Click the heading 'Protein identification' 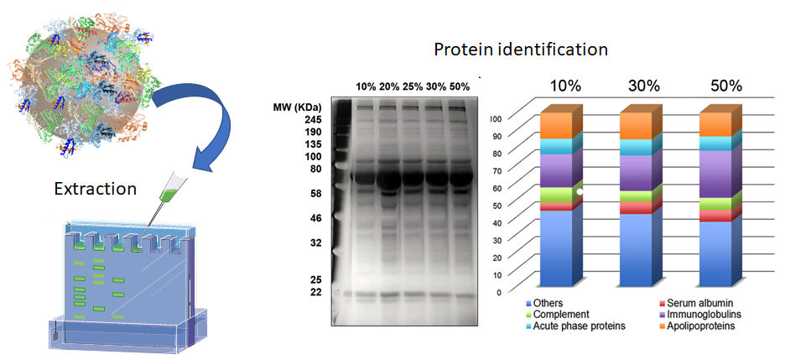tap(521, 50)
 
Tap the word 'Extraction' tap(96, 189)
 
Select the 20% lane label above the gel tap(389, 86)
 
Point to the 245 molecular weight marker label tap(312, 120)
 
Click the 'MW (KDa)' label tap(298, 107)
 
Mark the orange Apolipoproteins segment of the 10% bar tap(556, 126)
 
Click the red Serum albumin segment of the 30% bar tap(636, 208)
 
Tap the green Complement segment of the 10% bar tap(556, 196)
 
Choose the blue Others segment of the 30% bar tap(636, 250)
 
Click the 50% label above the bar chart tap(725, 86)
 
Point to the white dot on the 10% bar tap(580, 191)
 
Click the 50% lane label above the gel tap(460, 86)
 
